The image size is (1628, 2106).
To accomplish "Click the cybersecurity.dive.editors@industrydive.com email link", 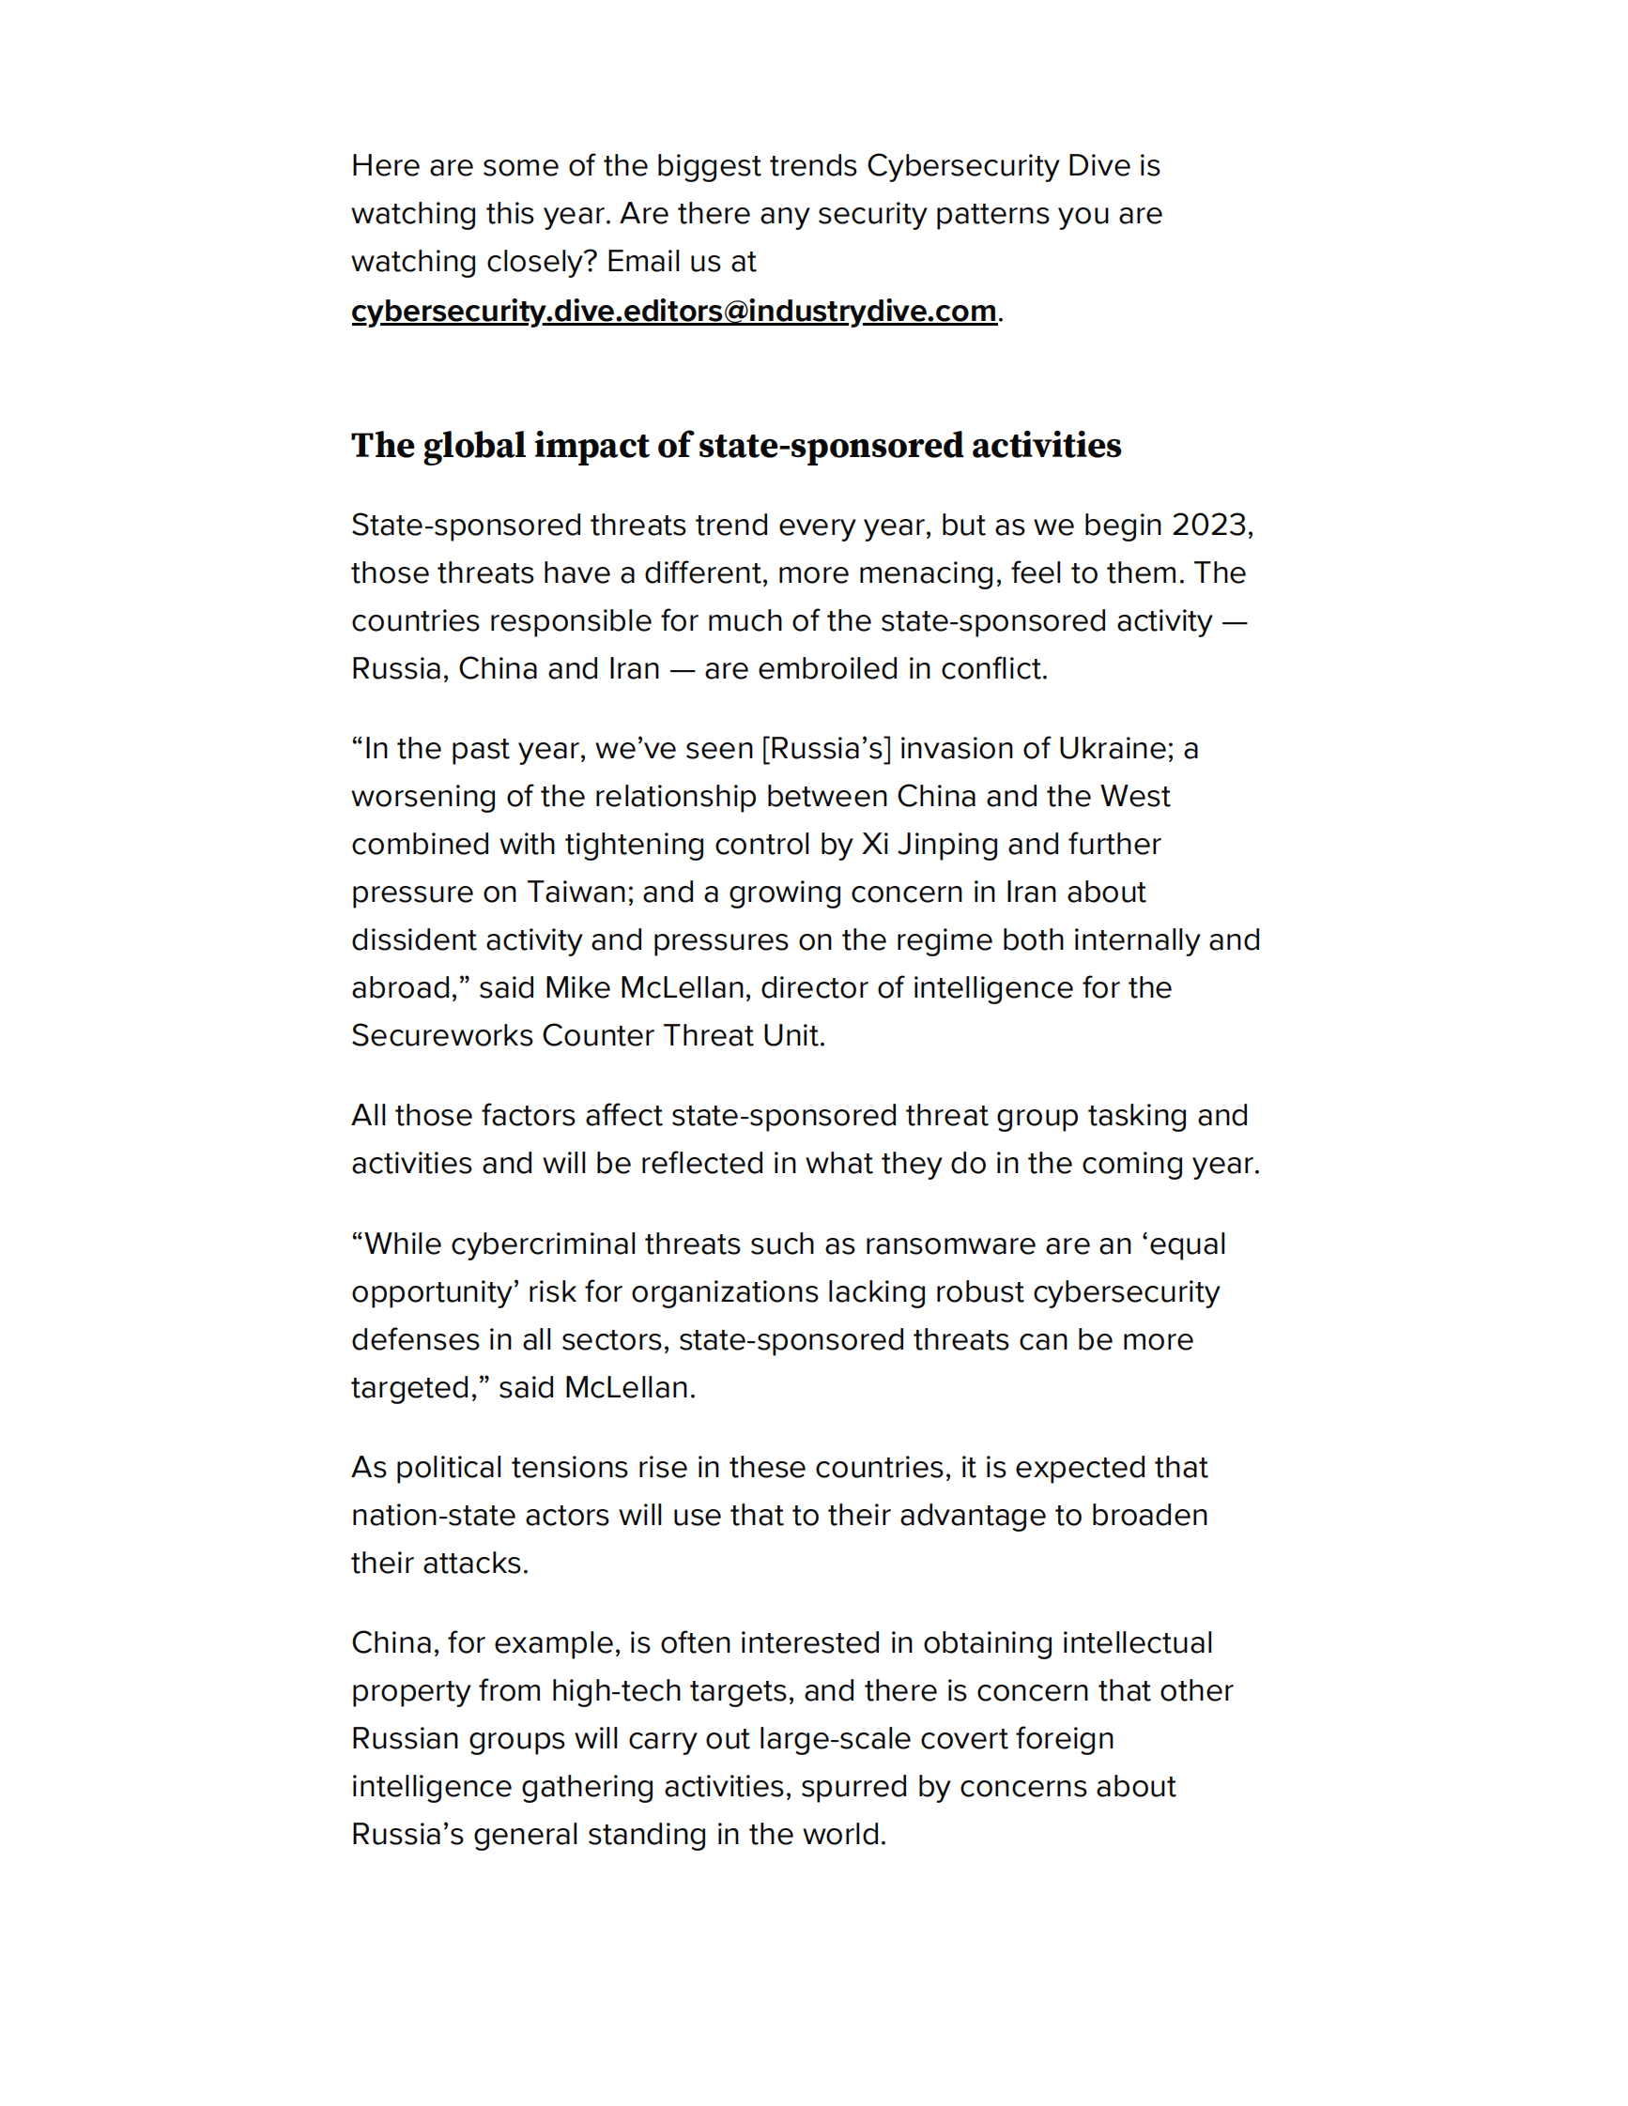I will [x=673, y=312].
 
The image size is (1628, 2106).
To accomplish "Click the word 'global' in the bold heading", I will [x=473, y=446].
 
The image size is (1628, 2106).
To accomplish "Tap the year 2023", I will [x=1210, y=525].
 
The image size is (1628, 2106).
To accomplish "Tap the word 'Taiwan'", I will [x=576, y=892].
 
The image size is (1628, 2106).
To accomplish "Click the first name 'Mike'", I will [x=577, y=987].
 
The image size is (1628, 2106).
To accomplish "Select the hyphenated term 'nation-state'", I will [x=433, y=1515].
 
